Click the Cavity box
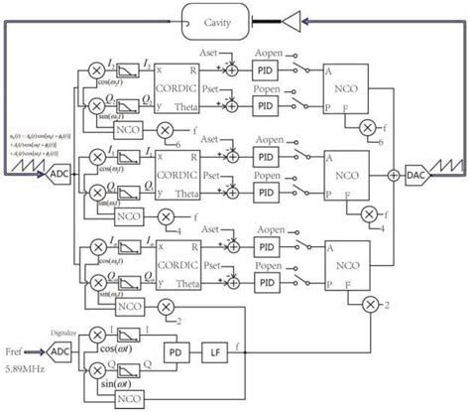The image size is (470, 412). (x=224, y=19)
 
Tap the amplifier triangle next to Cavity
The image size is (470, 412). (x=290, y=19)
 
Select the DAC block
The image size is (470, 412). (x=418, y=174)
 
